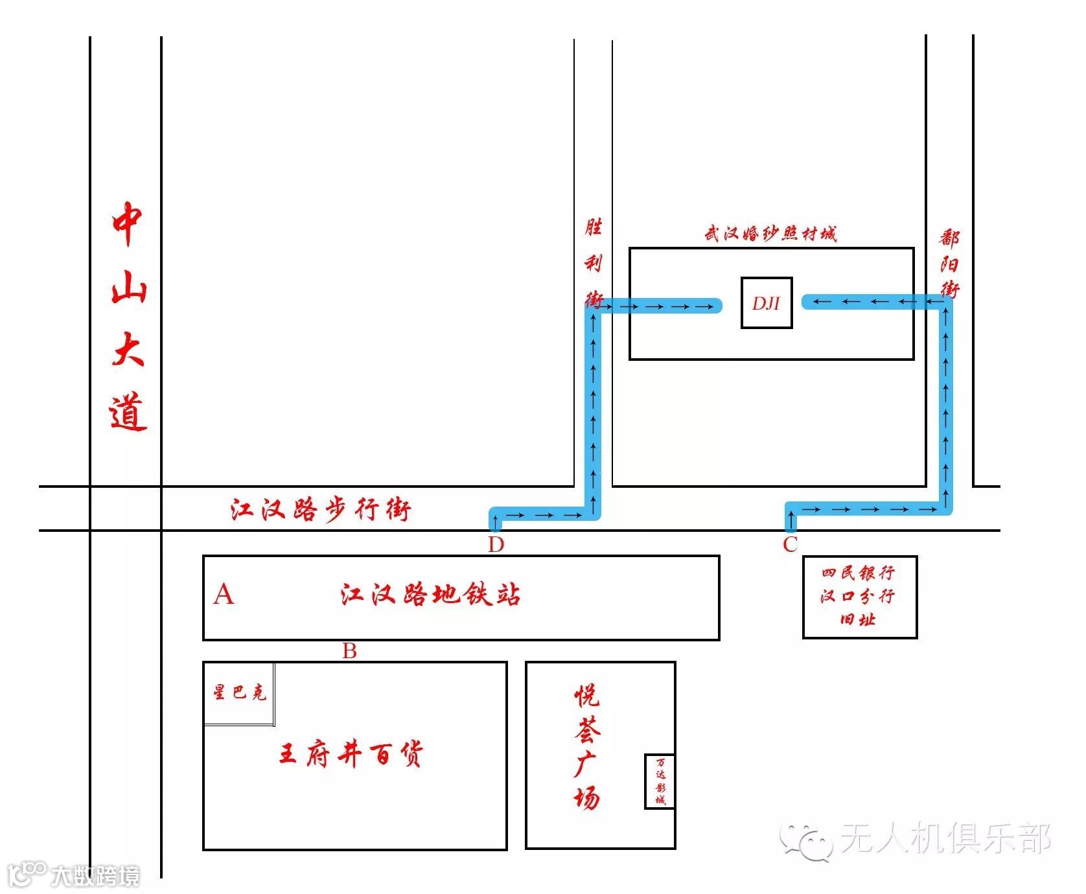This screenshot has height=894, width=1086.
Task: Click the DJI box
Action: tap(767, 303)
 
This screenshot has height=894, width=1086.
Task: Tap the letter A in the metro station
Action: tap(224, 594)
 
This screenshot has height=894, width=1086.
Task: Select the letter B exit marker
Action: tap(349, 650)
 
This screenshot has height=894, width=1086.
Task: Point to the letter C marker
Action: tap(790, 544)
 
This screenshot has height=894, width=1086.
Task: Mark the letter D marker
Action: tap(496, 545)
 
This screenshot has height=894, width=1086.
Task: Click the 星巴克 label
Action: tap(239, 693)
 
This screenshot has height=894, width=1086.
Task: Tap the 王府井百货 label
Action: tap(351, 755)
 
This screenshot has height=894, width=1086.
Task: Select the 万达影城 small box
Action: tap(660, 781)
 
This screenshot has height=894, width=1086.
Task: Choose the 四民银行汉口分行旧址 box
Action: tap(859, 597)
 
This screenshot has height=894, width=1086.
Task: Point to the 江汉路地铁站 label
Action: tap(430, 595)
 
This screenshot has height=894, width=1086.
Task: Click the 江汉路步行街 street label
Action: tap(321, 510)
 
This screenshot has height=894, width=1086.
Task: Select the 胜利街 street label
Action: tap(594, 263)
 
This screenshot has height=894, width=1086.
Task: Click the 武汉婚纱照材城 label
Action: tap(770, 233)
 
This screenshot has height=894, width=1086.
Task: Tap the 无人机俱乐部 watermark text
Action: tap(945, 838)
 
